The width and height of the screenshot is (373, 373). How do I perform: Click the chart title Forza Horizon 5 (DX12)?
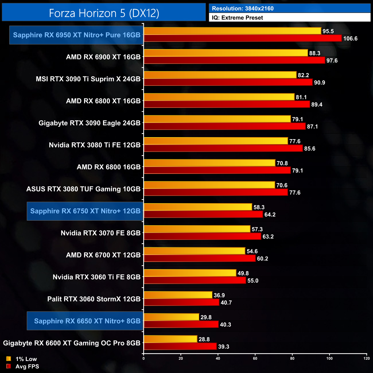pos(104,13)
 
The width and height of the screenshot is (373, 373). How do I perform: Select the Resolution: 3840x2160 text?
pos(243,9)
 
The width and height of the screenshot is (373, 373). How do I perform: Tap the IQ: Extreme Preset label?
pos(237,18)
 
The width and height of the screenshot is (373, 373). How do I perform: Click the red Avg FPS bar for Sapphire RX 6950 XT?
pos(242,38)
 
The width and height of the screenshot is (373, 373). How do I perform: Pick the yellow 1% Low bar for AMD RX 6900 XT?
pos(226,53)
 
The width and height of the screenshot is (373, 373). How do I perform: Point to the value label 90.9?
pos(319,83)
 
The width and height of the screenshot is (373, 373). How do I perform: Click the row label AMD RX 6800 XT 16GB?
pos(103,101)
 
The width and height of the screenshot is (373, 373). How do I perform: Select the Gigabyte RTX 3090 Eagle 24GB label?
pos(90,123)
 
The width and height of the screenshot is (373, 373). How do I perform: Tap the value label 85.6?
pos(310,149)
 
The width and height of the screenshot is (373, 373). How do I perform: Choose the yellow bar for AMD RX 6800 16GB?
pos(209,163)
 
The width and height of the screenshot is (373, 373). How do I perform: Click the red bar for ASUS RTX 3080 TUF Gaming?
pos(215,193)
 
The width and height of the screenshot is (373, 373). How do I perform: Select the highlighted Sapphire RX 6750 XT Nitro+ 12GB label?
pos(85,211)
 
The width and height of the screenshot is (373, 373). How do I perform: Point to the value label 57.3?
pos(257,229)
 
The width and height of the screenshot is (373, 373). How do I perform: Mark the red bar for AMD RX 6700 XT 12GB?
pos(199,259)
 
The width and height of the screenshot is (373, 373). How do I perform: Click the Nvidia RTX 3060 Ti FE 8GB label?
pos(96,277)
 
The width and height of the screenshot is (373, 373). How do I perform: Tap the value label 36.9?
pos(219,295)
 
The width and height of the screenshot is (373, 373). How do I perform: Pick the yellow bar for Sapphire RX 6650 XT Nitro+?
pos(171,317)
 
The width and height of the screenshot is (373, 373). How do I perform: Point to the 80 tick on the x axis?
pos(292,358)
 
